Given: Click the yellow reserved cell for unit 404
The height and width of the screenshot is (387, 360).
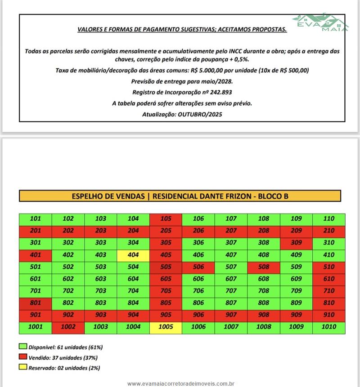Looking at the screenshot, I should [x=133, y=255].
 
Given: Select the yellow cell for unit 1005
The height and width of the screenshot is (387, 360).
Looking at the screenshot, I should [x=166, y=327].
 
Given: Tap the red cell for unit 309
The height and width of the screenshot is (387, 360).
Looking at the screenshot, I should [x=296, y=243].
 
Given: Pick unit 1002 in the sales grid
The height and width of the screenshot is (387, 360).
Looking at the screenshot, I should [x=68, y=327].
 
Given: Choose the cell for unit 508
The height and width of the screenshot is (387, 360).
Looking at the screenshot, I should [x=264, y=267].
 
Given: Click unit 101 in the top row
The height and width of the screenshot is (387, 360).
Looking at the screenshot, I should [x=35, y=219].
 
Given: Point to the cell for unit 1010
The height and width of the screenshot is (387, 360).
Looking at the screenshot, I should [x=329, y=327].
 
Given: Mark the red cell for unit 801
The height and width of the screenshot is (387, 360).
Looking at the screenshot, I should [x=35, y=303].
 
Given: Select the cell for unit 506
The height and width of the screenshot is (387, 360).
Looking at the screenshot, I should [x=198, y=267].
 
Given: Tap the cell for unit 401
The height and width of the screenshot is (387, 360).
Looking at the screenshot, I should [x=35, y=255].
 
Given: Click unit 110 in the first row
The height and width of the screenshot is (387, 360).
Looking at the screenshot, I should [x=329, y=219].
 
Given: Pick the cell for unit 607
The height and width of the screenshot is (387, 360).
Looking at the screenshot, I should [x=231, y=279].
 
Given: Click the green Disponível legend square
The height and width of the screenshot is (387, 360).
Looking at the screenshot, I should [x=23, y=347].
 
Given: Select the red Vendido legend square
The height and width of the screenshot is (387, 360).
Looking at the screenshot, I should [x=23, y=357].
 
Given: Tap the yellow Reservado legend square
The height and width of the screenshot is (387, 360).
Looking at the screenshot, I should [x=23, y=368].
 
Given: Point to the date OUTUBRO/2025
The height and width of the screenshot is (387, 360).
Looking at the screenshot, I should [x=200, y=114].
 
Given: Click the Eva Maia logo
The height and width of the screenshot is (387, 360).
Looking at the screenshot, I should [x=320, y=22].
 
